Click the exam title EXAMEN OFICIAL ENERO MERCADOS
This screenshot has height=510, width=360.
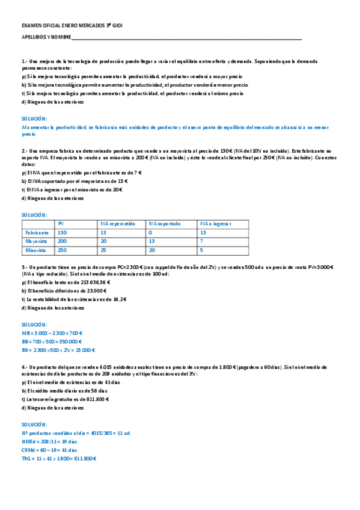click(71, 26)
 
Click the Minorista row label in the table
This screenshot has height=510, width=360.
click(35, 250)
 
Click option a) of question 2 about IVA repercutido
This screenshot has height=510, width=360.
click(81, 173)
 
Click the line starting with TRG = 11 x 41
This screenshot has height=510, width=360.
click(59, 458)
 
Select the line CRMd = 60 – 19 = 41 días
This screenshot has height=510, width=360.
click(49, 450)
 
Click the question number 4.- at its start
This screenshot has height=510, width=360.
click(24, 366)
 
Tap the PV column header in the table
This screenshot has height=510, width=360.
click(61, 224)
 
